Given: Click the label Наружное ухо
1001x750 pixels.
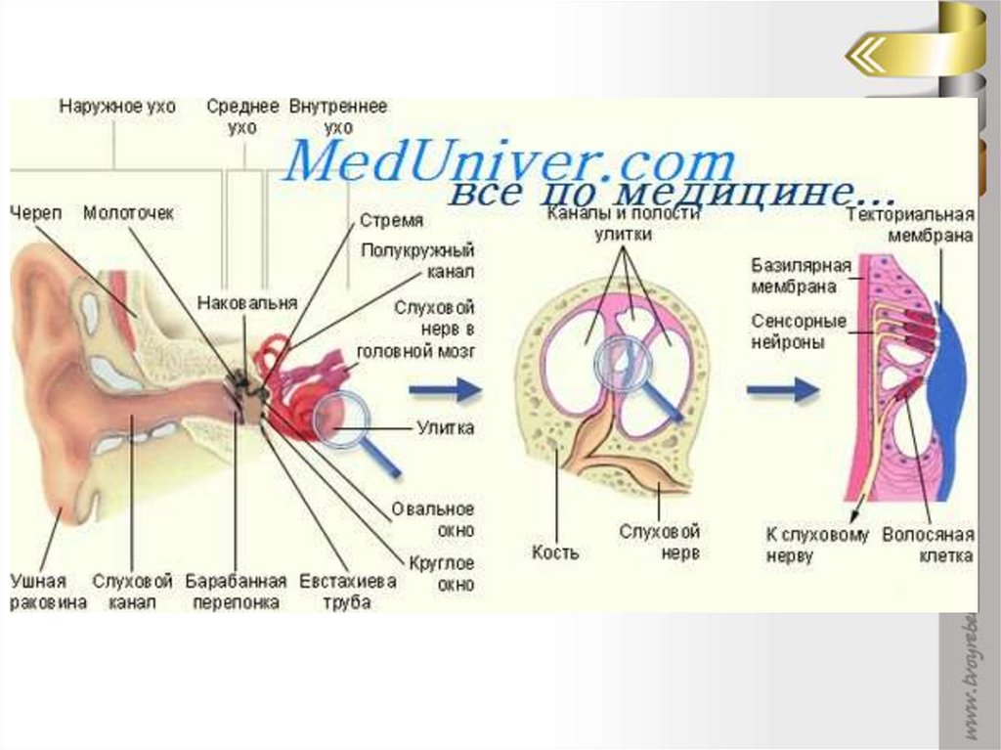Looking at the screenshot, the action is point(117,107).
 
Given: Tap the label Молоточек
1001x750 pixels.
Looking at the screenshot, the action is point(128,212).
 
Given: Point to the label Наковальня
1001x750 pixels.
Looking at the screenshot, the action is point(246,302).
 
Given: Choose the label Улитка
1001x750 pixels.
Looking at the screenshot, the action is point(445,427).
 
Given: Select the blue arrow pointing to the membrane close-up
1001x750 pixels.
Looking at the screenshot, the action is point(782,390).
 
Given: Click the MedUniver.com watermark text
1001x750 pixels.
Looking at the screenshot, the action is point(507,161).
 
